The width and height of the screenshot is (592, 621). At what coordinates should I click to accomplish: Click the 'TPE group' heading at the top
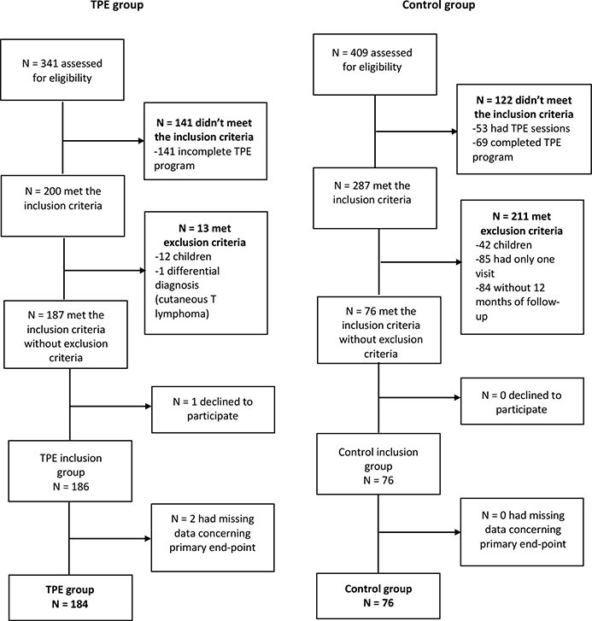(117, 5)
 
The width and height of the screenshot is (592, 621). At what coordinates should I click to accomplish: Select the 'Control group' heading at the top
(438, 5)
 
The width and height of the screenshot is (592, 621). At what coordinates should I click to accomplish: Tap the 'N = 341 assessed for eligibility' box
(62, 70)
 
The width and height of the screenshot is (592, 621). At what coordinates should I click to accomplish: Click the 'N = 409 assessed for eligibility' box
(375, 65)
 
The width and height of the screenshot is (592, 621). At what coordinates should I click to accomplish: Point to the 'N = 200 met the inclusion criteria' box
(62, 206)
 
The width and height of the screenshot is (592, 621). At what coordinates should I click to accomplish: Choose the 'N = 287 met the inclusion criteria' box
(375, 198)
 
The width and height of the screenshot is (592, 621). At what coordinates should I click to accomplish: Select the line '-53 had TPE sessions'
(521, 128)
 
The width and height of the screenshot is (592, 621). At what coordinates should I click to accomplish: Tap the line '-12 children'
(183, 256)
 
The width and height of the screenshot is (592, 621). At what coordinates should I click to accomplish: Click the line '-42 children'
(504, 245)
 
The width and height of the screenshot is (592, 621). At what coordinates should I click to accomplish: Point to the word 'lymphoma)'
(182, 314)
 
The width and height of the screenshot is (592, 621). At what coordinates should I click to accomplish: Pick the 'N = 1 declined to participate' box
(213, 409)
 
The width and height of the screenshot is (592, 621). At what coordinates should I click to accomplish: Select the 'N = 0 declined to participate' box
(522, 401)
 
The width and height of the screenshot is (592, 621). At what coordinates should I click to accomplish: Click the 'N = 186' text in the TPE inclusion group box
(71, 487)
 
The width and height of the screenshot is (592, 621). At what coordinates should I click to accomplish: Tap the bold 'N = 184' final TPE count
(70, 605)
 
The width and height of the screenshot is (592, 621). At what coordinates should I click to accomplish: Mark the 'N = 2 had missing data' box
(213, 537)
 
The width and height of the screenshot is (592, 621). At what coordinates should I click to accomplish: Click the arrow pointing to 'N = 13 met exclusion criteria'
(104, 271)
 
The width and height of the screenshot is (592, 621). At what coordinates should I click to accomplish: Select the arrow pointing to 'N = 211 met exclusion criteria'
(420, 261)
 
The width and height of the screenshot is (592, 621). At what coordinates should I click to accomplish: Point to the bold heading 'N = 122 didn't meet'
(524, 100)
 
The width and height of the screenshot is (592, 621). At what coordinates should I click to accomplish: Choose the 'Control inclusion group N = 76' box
(378, 464)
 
